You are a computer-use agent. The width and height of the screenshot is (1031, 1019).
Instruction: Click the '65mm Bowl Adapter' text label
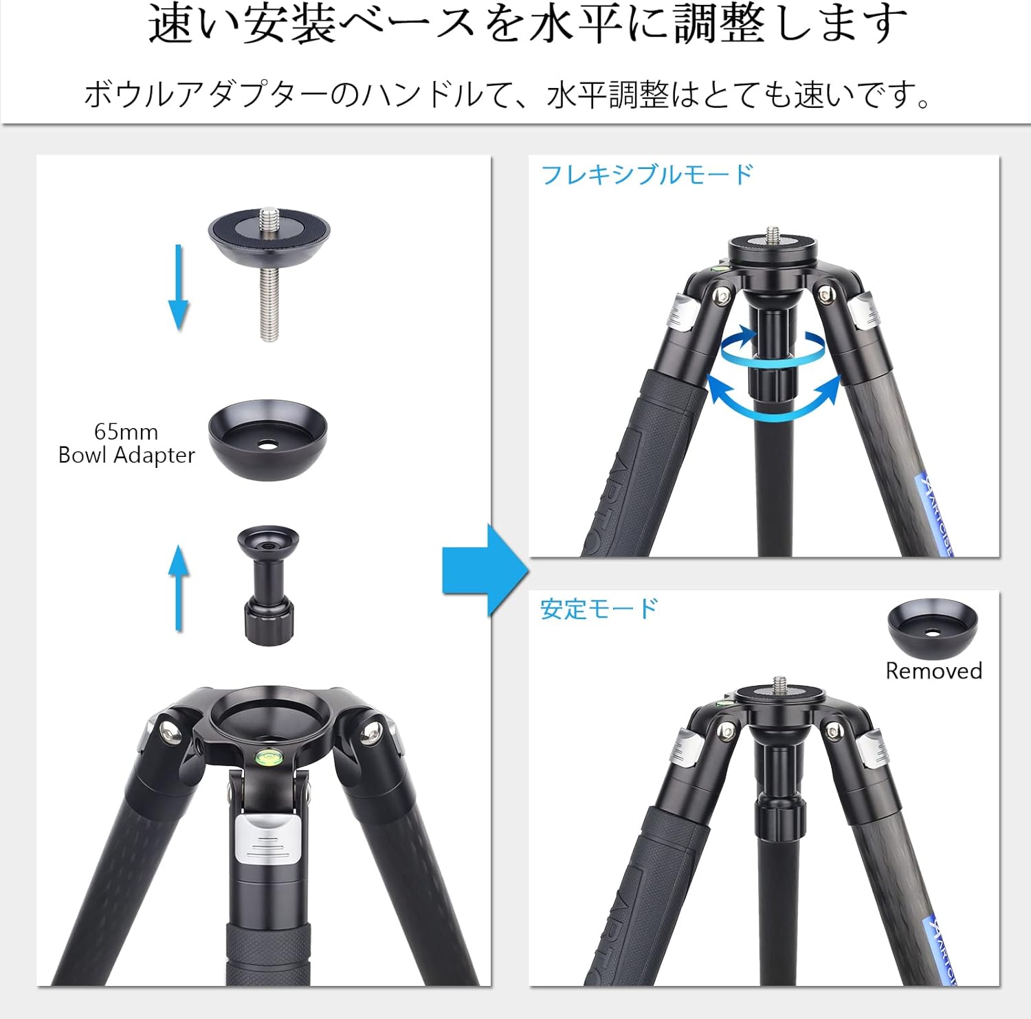(x=126, y=443)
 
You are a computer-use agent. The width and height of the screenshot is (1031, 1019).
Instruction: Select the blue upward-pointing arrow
(x=179, y=587)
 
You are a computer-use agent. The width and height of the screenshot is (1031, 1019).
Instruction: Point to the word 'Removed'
(x=933, y=671)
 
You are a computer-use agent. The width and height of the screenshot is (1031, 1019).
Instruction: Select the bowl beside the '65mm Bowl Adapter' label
(x=268, y=440)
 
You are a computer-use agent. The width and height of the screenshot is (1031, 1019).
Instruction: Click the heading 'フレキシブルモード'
(x=647, y=175)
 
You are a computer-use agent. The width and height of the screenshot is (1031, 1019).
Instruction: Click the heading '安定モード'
(x=599, y=609)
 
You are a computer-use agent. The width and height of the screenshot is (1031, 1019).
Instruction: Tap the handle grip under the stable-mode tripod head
(x=779, y=816)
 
